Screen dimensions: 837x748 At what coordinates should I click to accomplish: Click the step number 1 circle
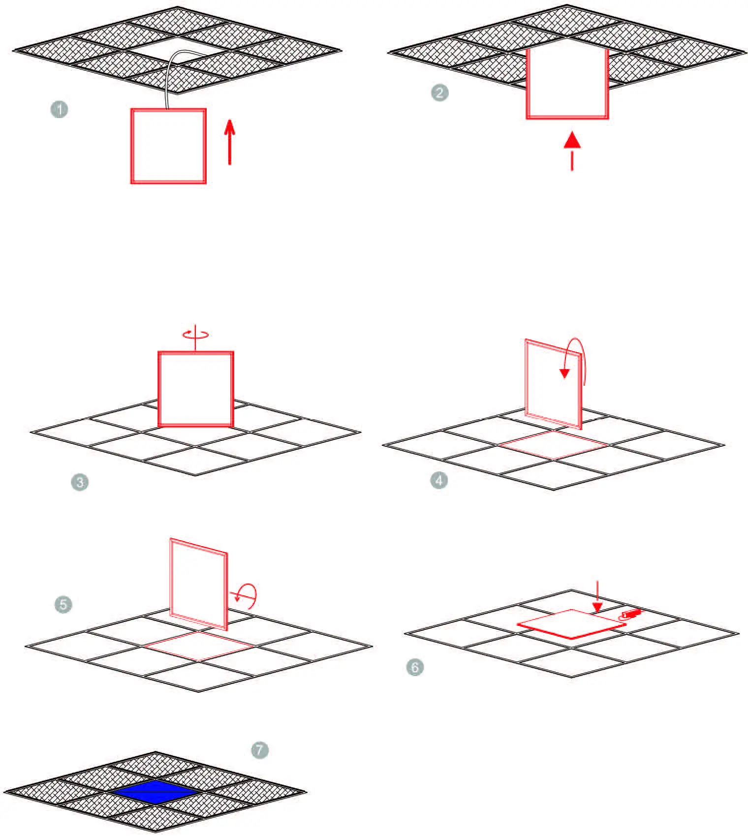click(59, 109)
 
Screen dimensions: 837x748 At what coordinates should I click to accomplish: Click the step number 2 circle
click(439, 93)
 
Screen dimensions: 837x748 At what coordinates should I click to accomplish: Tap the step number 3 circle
click(79, 482)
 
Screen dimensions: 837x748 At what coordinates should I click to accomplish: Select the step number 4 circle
click(439, 480)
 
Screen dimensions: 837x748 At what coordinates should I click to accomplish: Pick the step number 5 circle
click(63, 604)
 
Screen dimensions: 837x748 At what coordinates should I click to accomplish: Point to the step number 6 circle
click(415, 668)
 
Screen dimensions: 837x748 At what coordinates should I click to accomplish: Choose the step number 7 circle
click(260, 750)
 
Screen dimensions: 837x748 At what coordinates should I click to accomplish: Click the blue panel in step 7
click(155, 792)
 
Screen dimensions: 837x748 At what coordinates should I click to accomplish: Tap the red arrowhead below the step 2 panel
click(572, 141)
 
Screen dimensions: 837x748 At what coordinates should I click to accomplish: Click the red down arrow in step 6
click(597, 598)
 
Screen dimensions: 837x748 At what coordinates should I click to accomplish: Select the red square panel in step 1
click(168, 146)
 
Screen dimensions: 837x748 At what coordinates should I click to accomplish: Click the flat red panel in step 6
click(571, 624)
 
